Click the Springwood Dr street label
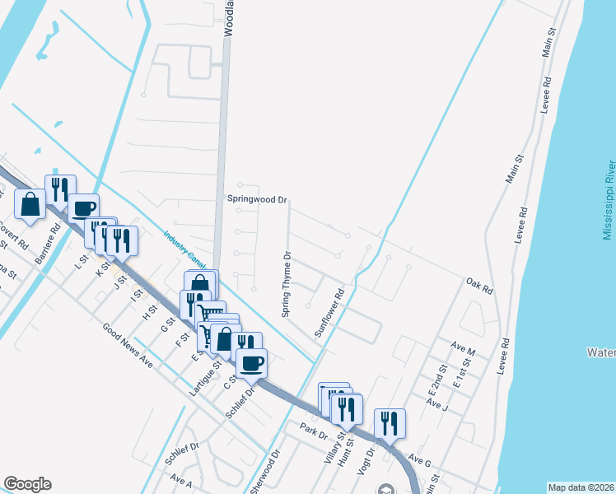point(257,199)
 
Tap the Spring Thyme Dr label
point(287,284)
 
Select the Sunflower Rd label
point(328,312)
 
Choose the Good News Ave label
point(128,344)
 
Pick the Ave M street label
point(464,351)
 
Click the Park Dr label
point(314,431)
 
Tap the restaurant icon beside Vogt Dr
point(389,422)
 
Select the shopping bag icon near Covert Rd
point(30,203)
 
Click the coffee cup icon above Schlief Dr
point(251,361)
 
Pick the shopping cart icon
point(210,312)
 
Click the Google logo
point(27,484)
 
